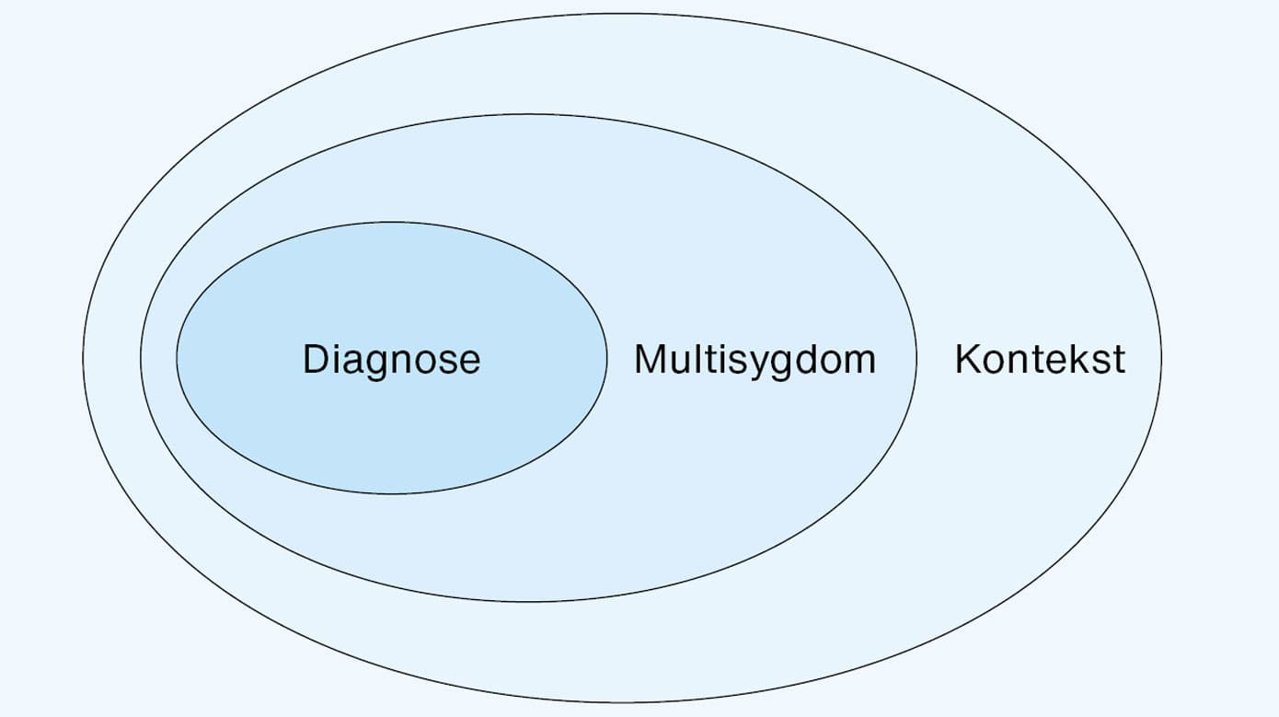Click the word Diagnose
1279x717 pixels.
(x=391, y=359)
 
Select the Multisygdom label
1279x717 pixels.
(x=755, y=359)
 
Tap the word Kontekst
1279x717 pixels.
(x=1040, y=359)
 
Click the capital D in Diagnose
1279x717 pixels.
(x=316, y=359)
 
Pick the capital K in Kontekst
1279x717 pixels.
(x=967, y=359)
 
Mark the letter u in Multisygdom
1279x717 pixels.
(x=682, y=361)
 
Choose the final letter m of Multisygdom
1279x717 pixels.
(x=859, y=361)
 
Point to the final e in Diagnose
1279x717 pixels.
(x=469, y=361)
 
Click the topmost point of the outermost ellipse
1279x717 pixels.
(x=622, y=14)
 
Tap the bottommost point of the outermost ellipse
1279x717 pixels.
(x=622, y=702)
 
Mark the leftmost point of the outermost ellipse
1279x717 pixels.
(x=83, y=357)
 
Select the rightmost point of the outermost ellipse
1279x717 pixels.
(x=1161, y=357)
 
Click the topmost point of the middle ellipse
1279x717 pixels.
(x=529, y=114)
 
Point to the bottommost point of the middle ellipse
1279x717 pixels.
(x=529, y=602)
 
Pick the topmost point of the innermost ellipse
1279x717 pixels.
(x=392, y=222)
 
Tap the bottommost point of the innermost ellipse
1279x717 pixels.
(x=392, y=494)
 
